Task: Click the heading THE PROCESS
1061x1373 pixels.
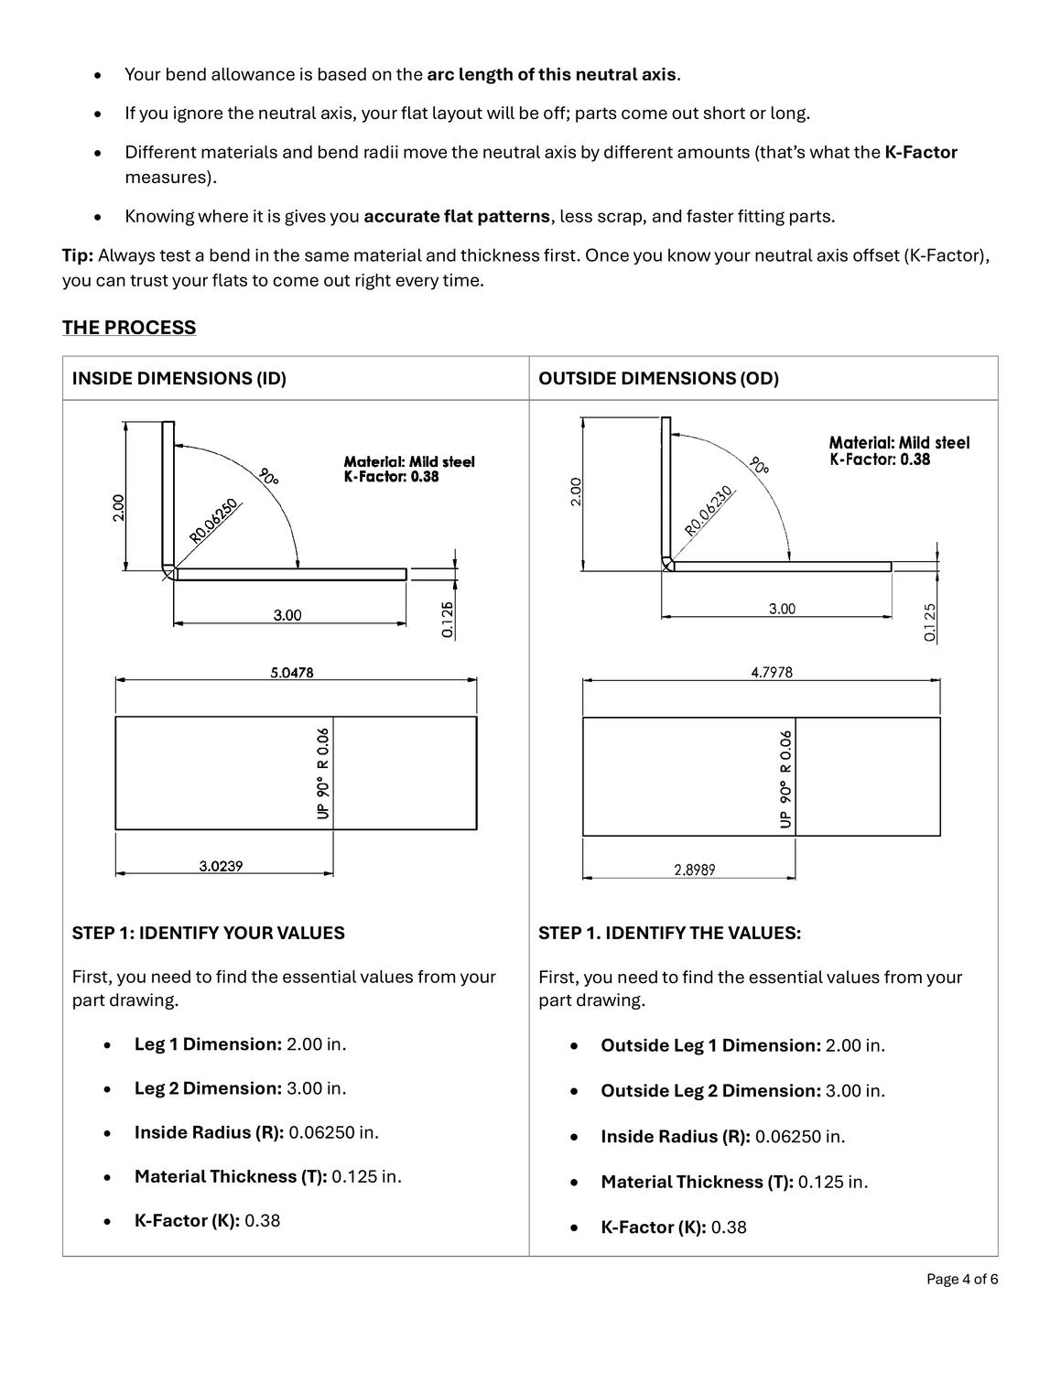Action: tap(129, 328)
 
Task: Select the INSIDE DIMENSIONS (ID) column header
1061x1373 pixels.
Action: tap(179, 378)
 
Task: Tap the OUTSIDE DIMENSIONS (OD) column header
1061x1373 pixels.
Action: tap(658, 378)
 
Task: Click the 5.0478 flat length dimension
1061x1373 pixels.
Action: tap(292, 673)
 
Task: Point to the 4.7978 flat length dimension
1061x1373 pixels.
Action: tap(772, 673)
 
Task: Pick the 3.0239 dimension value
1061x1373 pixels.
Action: tap(222, 866)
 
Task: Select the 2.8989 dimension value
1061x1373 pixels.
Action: tap(695, 870)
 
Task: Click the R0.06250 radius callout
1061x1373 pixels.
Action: tap(214, 521)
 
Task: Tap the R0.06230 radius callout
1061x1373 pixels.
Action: tap(709, 512)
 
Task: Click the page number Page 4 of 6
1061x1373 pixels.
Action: tap(961, 1279)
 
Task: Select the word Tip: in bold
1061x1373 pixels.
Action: tap(78, 255)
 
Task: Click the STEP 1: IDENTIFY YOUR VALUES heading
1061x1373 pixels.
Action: tap(209, 933)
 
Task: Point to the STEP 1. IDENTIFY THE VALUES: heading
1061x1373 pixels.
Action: tap(669, 933)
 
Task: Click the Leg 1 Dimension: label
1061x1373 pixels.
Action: tap(208, 1044)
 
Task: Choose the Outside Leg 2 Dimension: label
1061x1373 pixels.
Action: tap(710, 1091)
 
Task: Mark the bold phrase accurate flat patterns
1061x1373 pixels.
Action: tap(457, 217)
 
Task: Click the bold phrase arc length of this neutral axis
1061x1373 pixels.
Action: tap(551, 74)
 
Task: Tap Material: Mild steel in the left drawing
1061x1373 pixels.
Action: tap(409, 462)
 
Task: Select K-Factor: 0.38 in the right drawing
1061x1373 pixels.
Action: tap(880, 459)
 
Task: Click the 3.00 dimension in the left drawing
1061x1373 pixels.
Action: tap(287, 615)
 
